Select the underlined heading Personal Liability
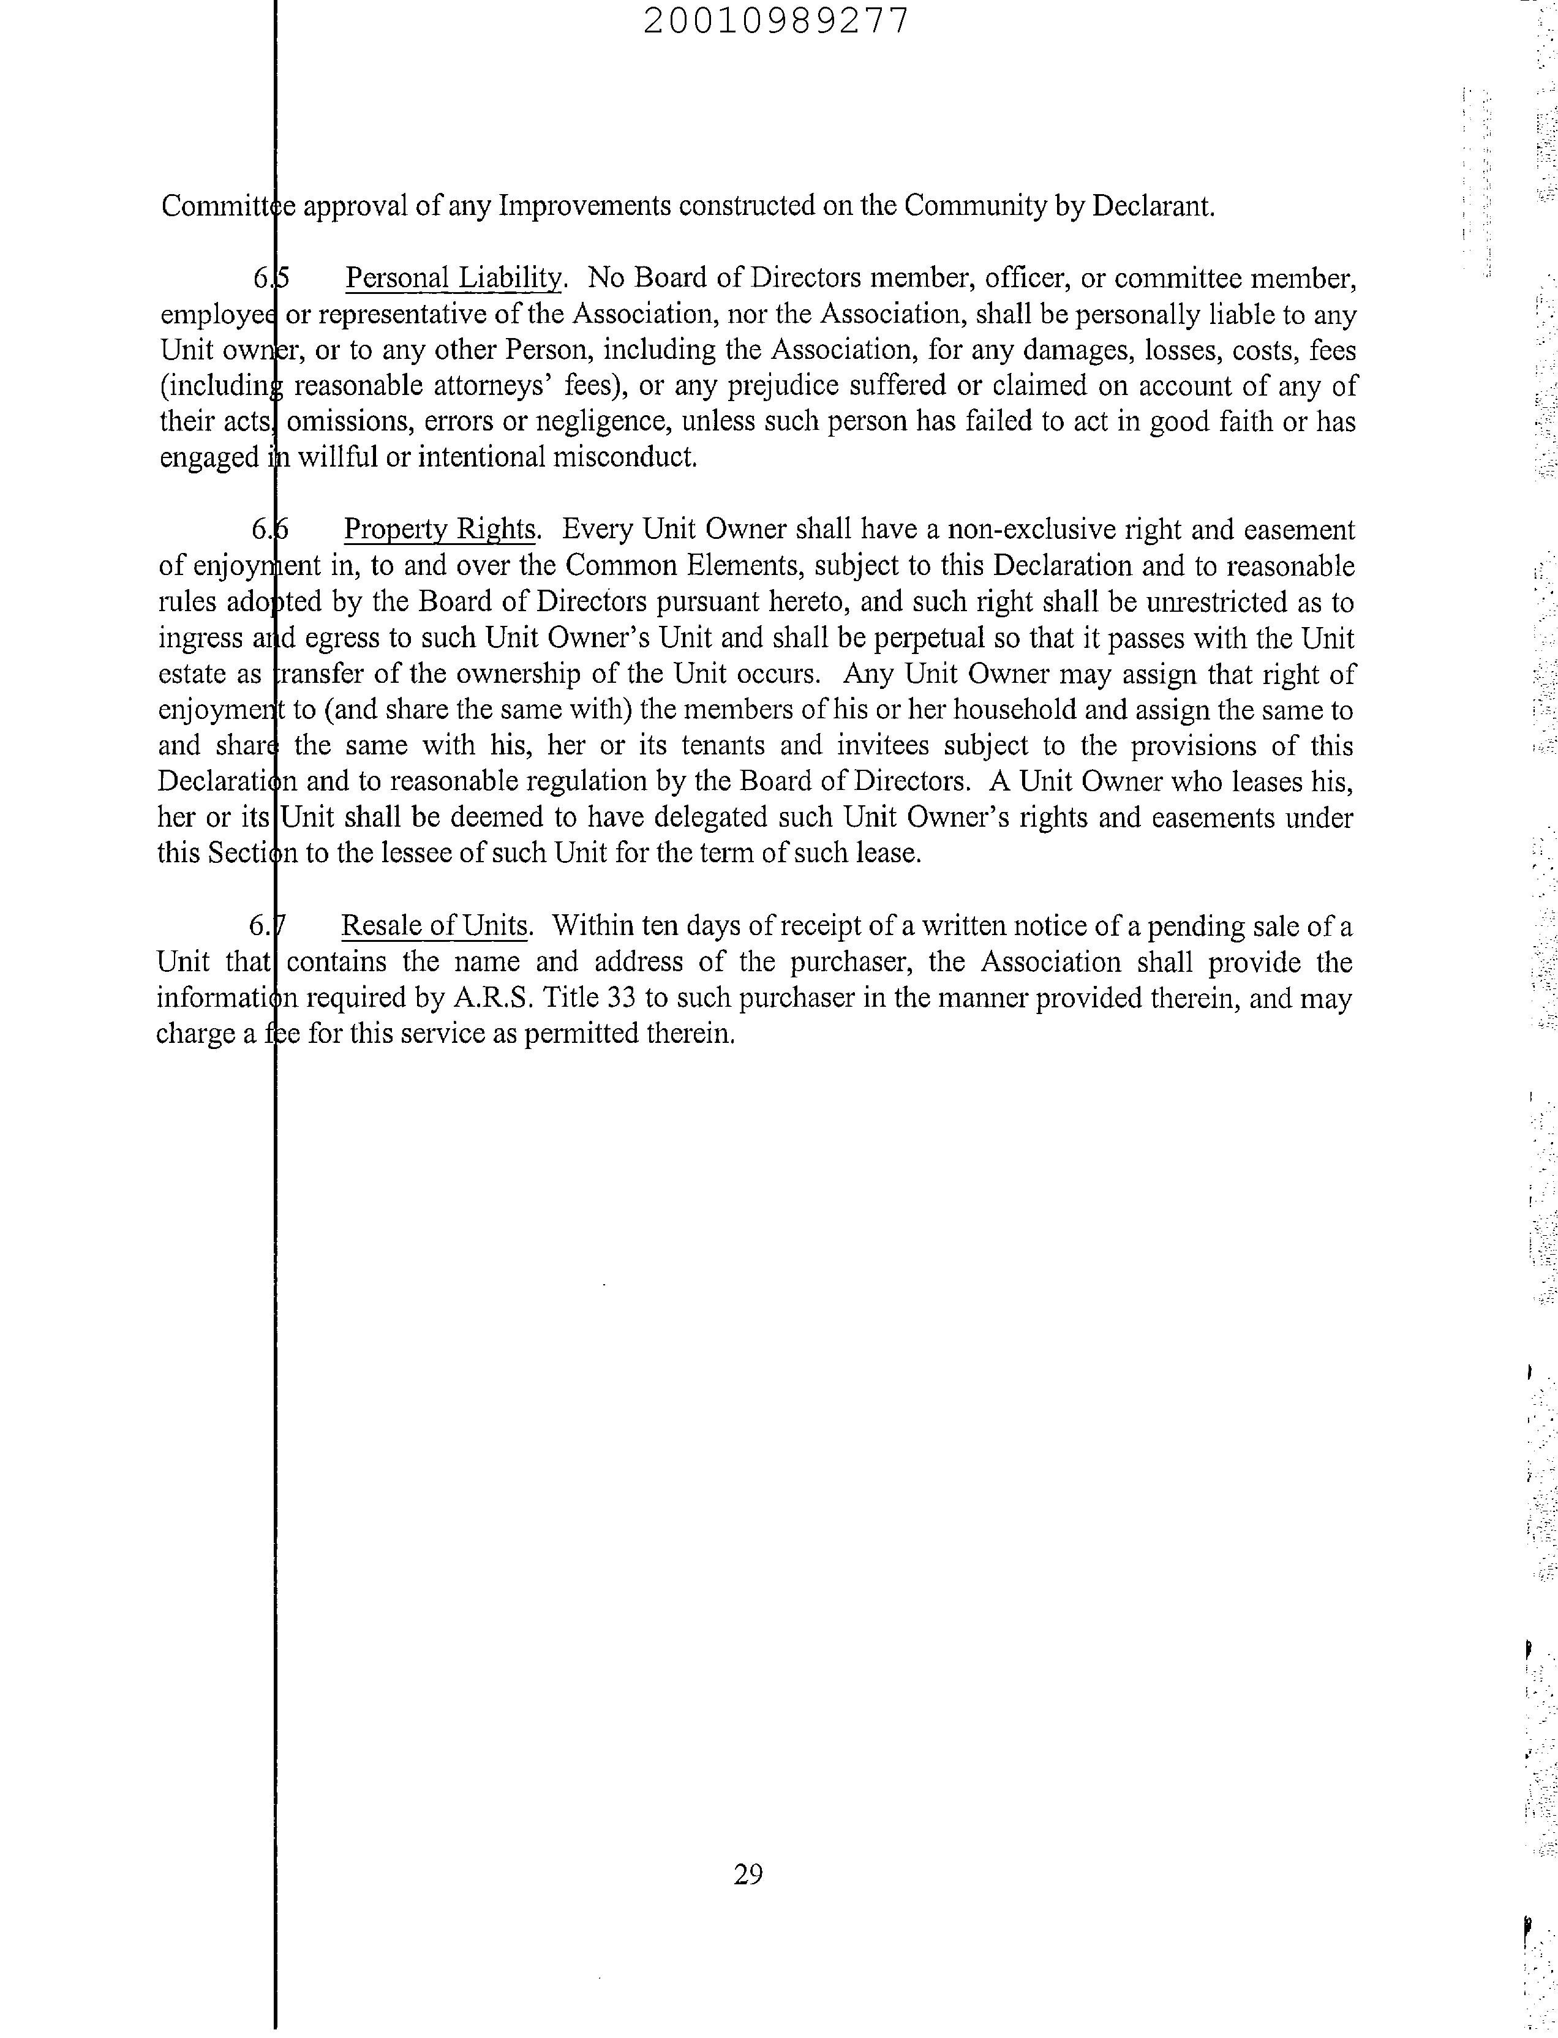[x=453, y=278]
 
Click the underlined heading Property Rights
[x=440, y=530]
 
